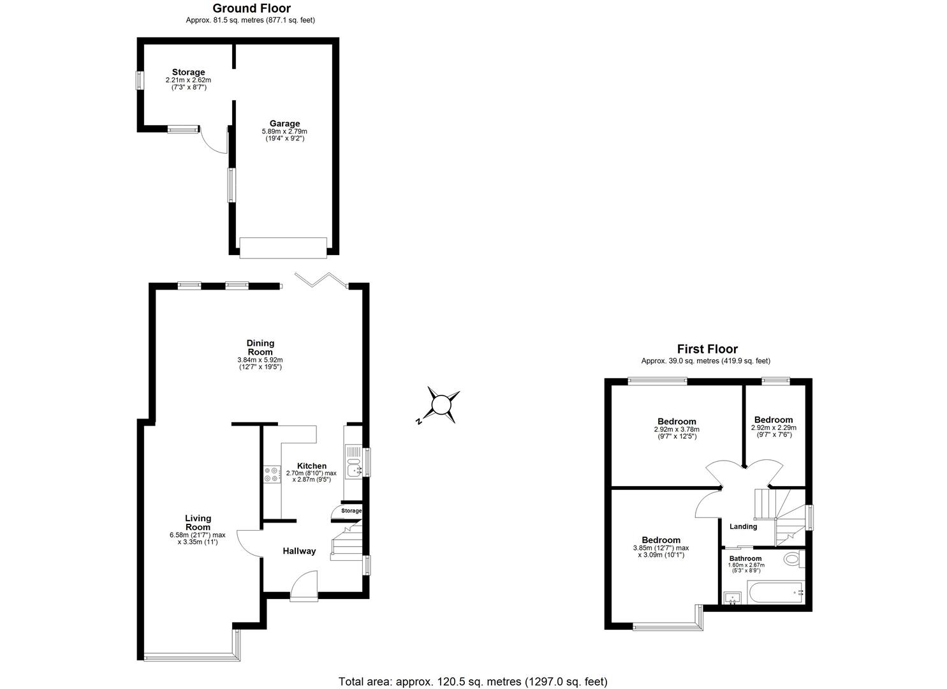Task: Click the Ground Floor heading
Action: point(251,8)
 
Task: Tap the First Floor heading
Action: point(707,349)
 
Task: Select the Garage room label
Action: point(284,124)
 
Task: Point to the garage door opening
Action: point(283,248)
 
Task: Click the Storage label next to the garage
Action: point(188,72)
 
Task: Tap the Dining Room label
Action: point(260,347)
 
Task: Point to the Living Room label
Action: point(198,522)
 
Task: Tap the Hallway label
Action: point(299,551)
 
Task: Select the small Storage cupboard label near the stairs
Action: point(351,511)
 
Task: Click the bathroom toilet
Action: point(792,559)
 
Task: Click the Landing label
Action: point(743,526)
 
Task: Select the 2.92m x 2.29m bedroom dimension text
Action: point(774,428)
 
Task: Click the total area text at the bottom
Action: point(473,681)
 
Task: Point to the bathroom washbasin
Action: point(733,598)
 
